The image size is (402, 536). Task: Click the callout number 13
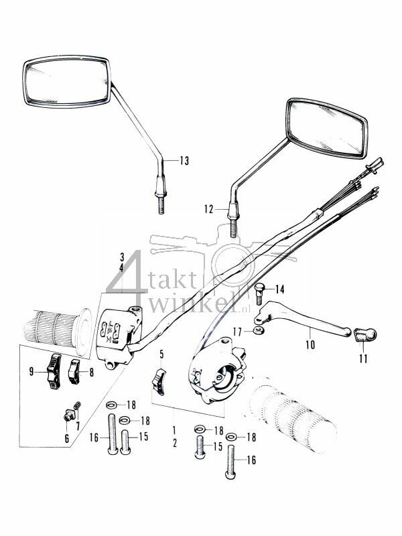point(184,160)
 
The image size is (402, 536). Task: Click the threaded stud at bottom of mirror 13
point(161,204)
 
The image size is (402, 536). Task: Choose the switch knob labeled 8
point(74,368)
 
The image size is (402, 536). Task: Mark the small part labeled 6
point(68,415)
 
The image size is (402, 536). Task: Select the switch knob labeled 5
point(159,381)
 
